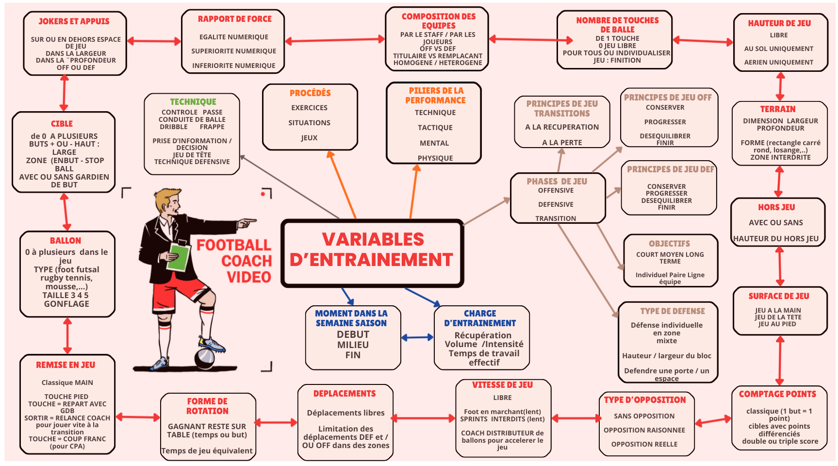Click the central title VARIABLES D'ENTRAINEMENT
tap(372, 250)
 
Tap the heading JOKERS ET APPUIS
tap(74, 21)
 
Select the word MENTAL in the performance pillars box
tap(434, 143)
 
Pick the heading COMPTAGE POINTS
tap(777, 394)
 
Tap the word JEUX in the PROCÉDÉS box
tap(309, 138)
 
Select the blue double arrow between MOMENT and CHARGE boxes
tap(417, 337)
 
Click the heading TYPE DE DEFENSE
tap(672, 311)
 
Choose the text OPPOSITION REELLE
tap(644, 444)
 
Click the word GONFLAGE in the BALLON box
tap(66, 304)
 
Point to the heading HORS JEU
tap(776, 207)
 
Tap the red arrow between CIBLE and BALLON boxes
tap(66, 212)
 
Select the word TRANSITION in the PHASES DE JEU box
tap(556, 218)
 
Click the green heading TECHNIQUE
tap(193, 102)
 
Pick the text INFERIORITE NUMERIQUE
tap(233, 66)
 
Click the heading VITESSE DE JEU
tap(502, 385)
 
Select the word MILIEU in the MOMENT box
tap(353, 345)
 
